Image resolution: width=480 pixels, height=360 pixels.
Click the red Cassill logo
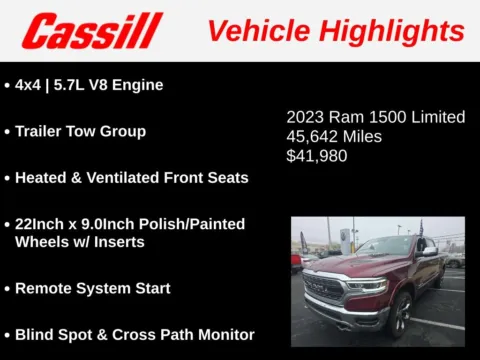click(x=92, y=31)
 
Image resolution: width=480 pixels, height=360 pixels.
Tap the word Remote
click(x=44, y=288)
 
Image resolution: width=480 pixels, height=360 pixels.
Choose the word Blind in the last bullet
click(x=36, y=335)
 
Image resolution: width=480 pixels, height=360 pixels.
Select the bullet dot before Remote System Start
click(x=8, y=288)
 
